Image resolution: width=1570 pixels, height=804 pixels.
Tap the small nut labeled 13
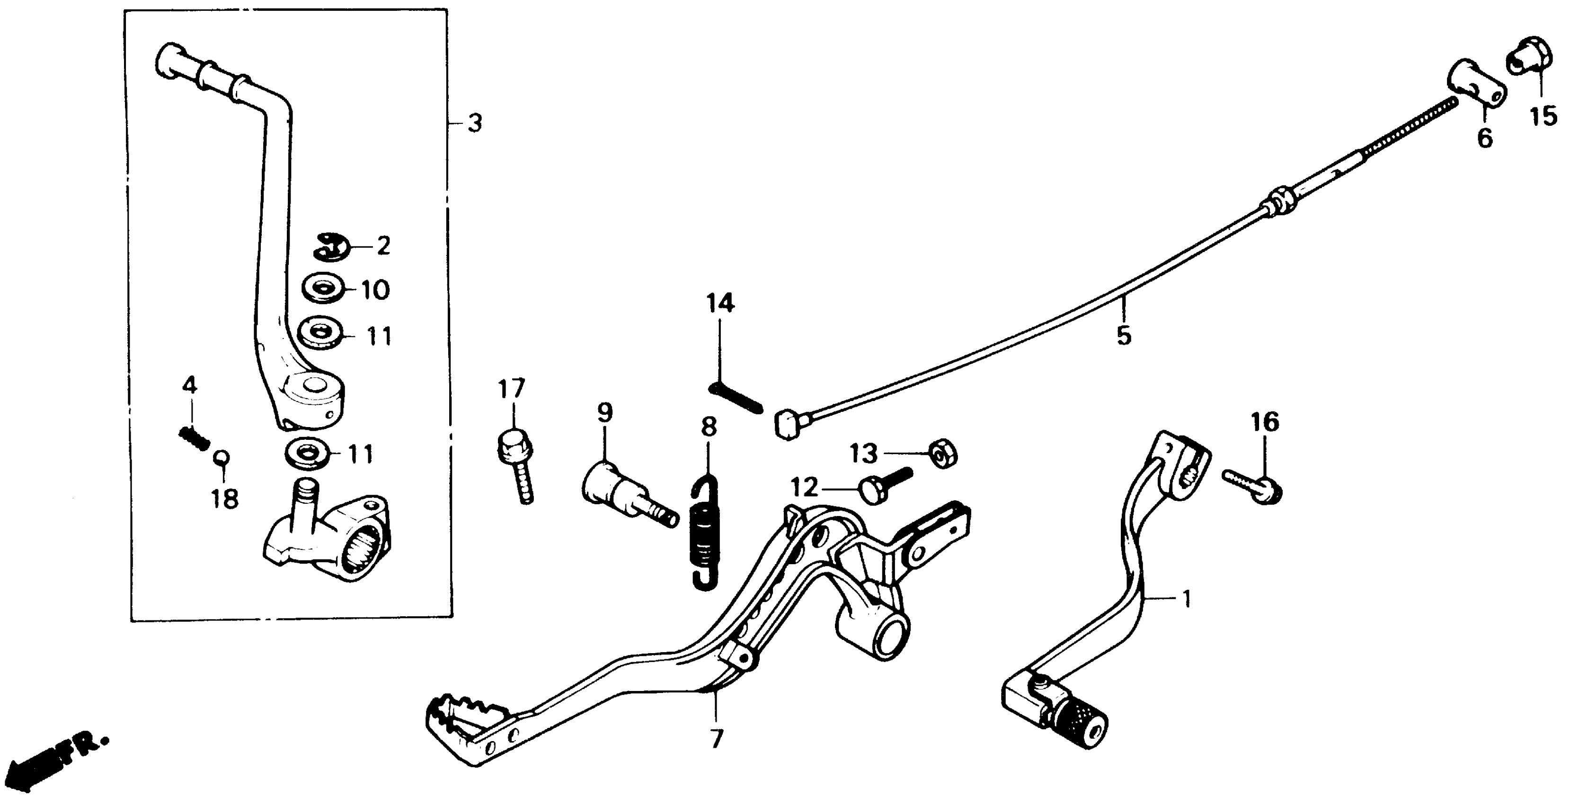click(x=943, y=454)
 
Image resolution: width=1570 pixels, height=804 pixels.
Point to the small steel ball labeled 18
click(x=221, y=457)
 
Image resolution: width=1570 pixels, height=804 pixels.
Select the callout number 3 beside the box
click(x=475, y=123)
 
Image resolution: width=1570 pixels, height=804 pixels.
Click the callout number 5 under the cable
click(x=1123, y=336)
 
